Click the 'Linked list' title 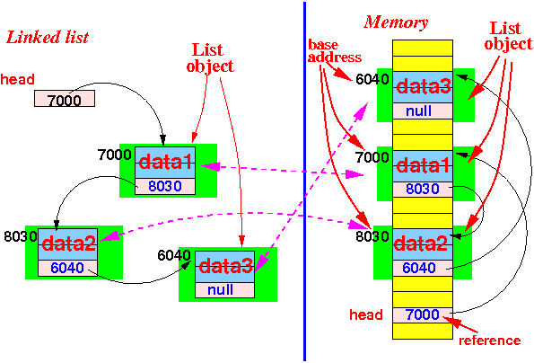tap(48, 38)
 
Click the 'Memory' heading tap(396, 22)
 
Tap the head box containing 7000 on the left tap(65, 99)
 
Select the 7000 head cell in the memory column tap(423, 315)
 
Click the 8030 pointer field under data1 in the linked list tap(165, 187)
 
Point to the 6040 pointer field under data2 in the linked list tap(68, 269)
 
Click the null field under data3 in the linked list tap(224, 290)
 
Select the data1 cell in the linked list tap(165, 163)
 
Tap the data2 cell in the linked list tap(68, 244)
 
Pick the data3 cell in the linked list tap(224, 267)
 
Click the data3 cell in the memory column tap(423, 87)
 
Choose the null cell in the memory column tap(423, 111)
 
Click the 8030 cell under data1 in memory tap(423, 190)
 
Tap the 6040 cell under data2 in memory tap(423, 269)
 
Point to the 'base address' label tap(334, 51)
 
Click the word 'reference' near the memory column tap(489, 341)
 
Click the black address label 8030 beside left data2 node tap(20, 236)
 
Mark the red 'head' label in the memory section tap(366, 314)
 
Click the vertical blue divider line tap(304, 181)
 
